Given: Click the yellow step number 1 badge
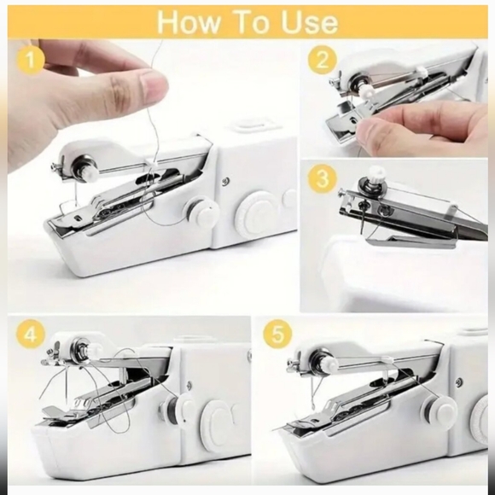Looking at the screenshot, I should pyautogui.click(x=32, y=61).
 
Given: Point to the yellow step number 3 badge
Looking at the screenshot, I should pyautogui.click(x=322, y=179).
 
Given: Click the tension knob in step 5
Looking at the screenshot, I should pyautogui.click(x=327, y=360).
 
